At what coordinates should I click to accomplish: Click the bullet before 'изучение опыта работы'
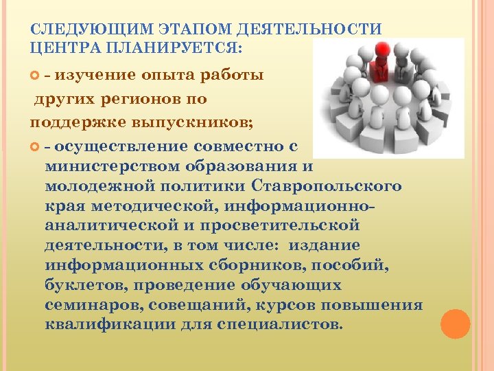[x=37, y=75]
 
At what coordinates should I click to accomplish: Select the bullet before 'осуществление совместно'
[x=37, y=146]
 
